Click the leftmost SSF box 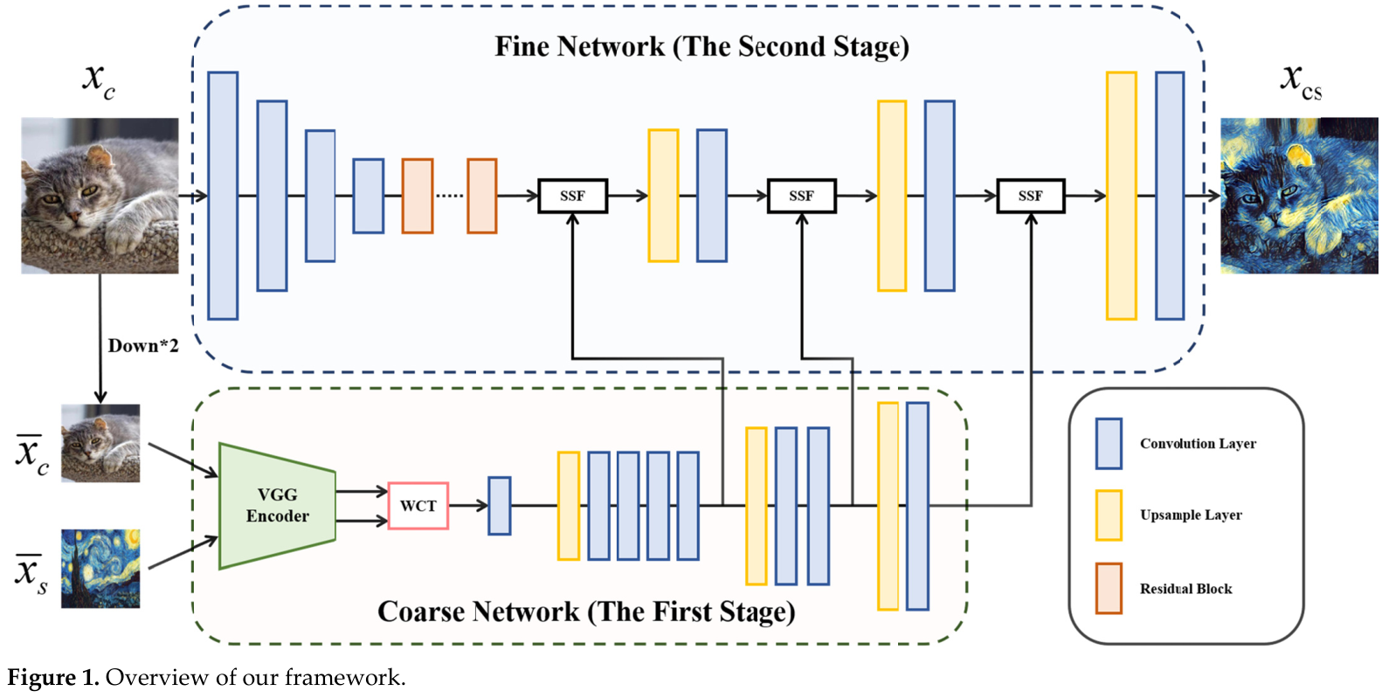pyautogui.click(x=572, y=196)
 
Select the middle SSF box pyautogui.click(x=801, y=196)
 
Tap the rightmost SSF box pyautogui.click(x=1030, y=196)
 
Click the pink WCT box pyautogui.click(x=418, y=506)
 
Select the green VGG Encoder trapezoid pyautogui.click(x=277, y=506)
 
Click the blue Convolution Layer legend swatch pyautogui.click(x=1109, y=444)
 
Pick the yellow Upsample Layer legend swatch pyautogui.click(x=1109, y=515)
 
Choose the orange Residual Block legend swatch pyautogui.click(x=1109, y=589)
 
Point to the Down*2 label pyautogui.click(x=143, y=346)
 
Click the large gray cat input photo pyautogui.click(x=100, y=196)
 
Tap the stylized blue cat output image pyautogui.click(x=1298, y=196)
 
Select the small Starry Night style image pyautogui.click(x=100, y=569)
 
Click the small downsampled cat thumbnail pyautogui.click(x=100, y=443)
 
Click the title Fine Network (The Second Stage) pyautogui.click(x=701, y=46)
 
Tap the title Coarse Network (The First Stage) pyautogui.click(x=586, y=612)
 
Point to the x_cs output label pyautogui.click(x=1301, y=81)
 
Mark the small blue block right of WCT pyautogui.click(x=499, y=506)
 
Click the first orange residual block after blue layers pyautogui.click(x=418, y=196)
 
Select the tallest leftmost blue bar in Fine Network pyautogui.click(x=223, y=196)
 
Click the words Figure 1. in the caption pyautogui.click(x=53, y=678)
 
